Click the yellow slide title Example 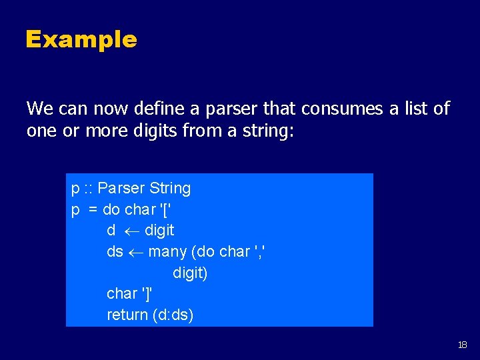(x=81, y=39)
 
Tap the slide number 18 (x=463, y=345)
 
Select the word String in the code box (x=170, y=189)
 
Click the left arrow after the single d (x=130, y=231)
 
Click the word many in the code (x=167, y=252)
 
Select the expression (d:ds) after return (x=173, y=315)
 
